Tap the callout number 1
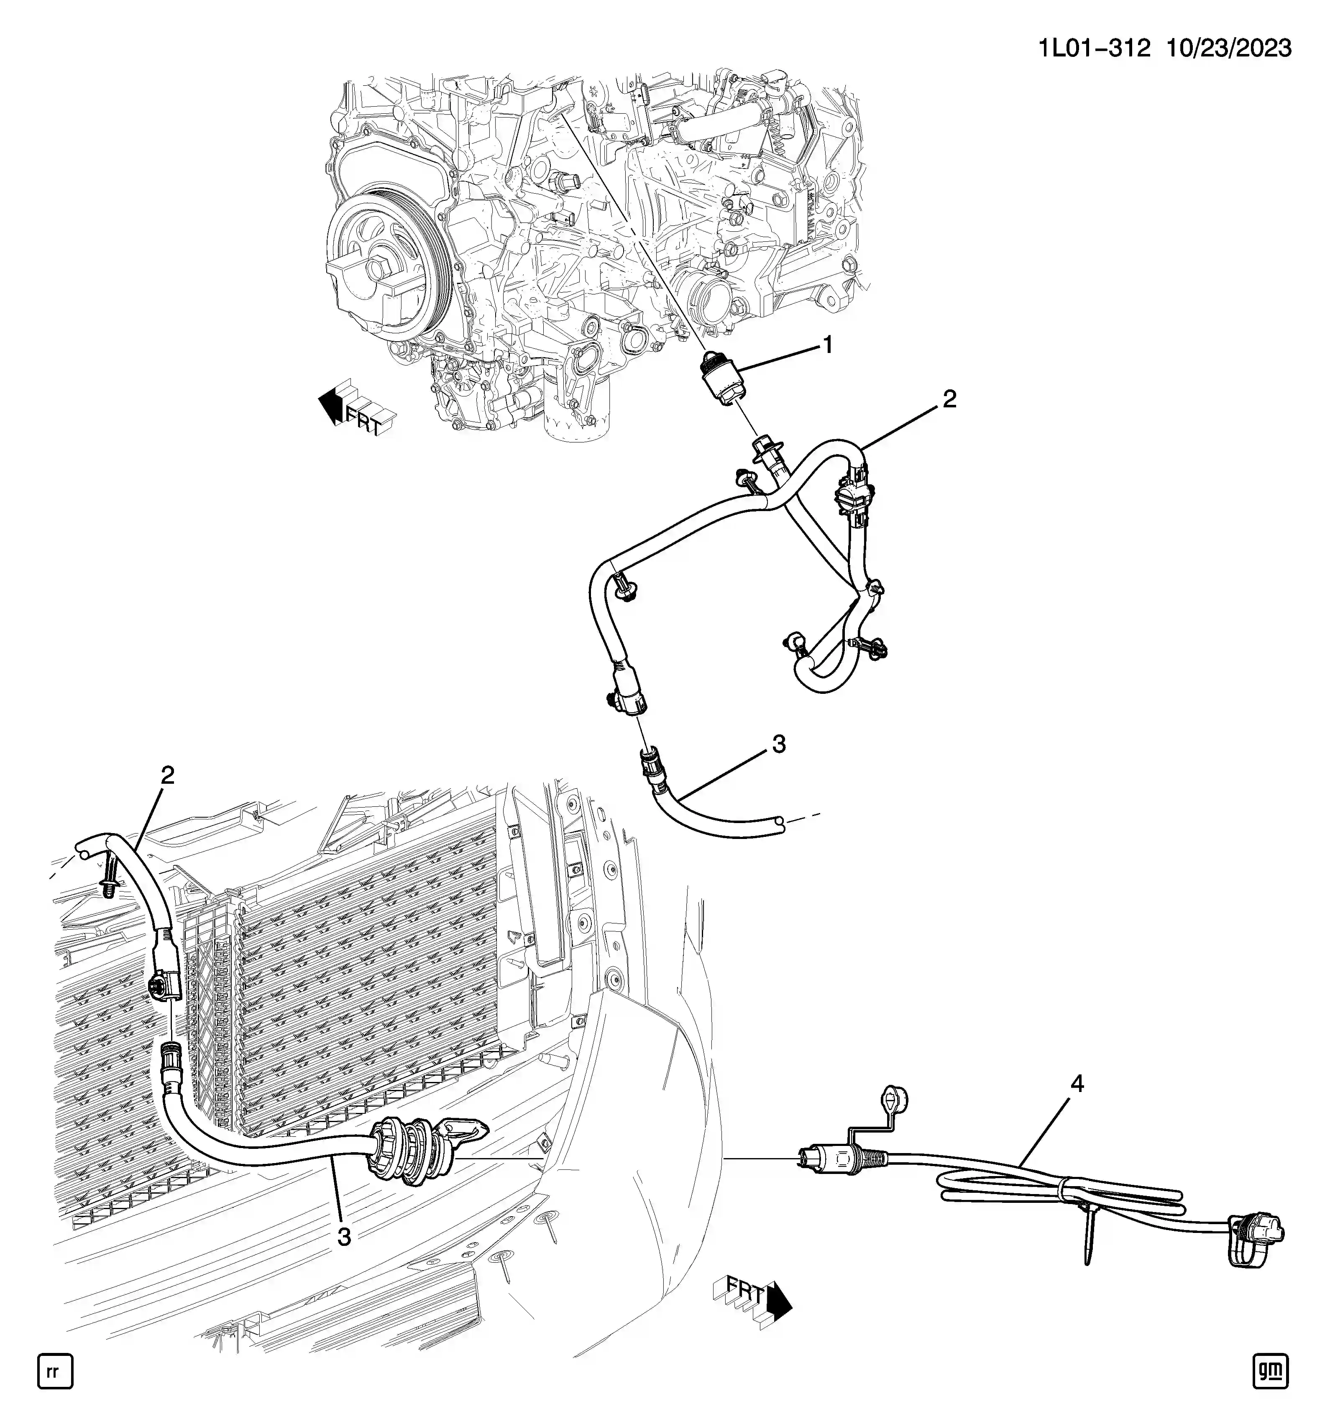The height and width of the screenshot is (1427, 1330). click(x=828, y=345)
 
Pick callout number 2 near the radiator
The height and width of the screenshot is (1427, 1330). click(x=167, y=775)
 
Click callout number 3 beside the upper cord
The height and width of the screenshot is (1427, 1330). click(x=779, y=744)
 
